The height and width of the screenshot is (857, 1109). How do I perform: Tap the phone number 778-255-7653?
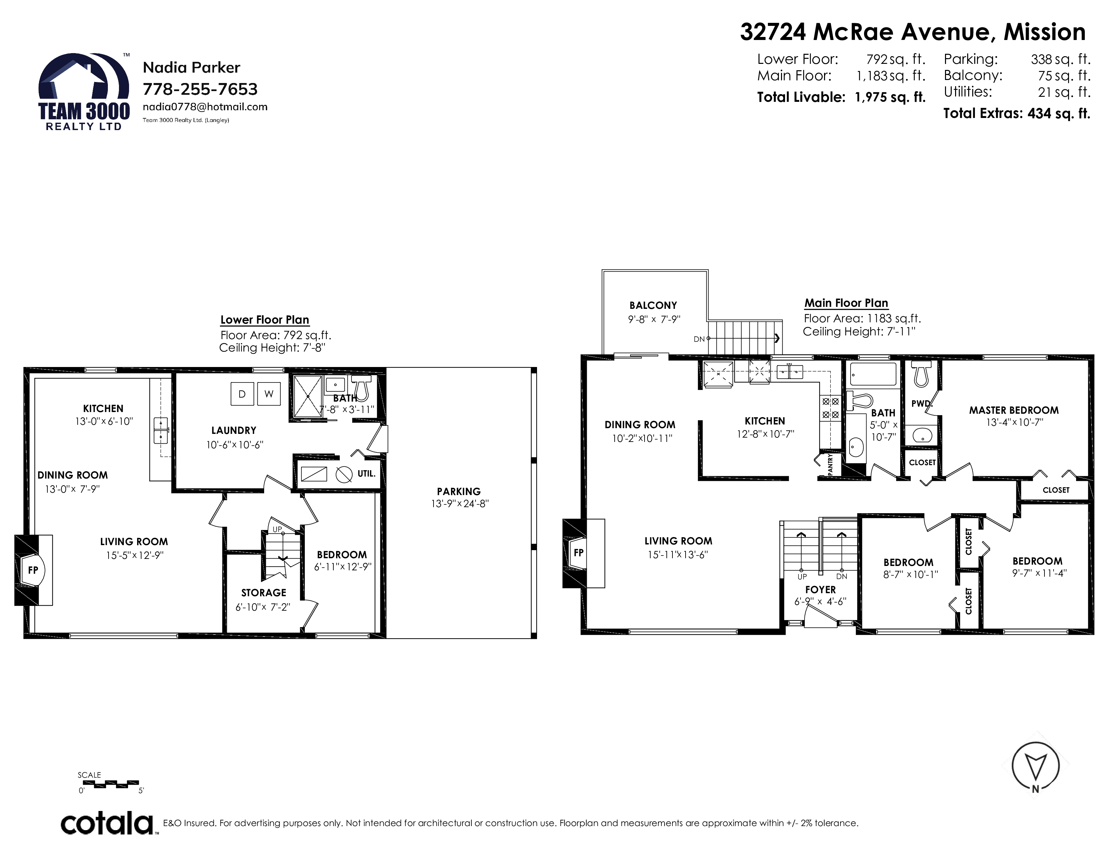pyautogui.click(x=200, y=89)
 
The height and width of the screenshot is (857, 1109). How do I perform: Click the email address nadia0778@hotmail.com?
pyautogui.click(x=205, y=107)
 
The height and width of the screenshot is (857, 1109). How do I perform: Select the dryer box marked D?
pyautogui.click(x=242, y=394)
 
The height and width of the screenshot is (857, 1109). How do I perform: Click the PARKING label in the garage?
pyautogui.click(x=458, y=491)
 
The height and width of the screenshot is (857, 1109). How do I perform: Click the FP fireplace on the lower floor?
pyautogui.click(x=34, y=570)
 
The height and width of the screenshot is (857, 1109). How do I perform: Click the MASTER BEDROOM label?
pyautogui.click(x=1014, y=410)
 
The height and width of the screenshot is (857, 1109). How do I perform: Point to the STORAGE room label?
pyautogui.click(x=263, y=593)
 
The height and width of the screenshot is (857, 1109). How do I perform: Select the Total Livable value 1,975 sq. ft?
pyautogui.click(x=890, y=97)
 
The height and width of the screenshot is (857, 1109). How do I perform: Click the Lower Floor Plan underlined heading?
pyautogui.click(x=264, y=320)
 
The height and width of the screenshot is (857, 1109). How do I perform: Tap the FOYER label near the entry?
pyautogui.click(x=820, y=589)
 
